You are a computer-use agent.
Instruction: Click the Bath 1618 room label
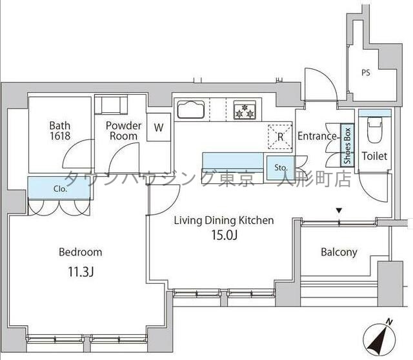pos(60,130)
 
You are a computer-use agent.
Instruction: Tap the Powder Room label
pos(123,130)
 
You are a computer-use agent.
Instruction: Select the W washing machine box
pos(159,127)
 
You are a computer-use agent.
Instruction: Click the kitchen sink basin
pos(191,109)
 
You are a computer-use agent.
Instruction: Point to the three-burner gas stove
pos(245,110)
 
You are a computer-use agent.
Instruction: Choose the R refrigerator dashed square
pos(280,136)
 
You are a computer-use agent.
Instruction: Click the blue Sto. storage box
pos(280,168)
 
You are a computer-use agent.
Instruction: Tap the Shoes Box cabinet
pos(347,145)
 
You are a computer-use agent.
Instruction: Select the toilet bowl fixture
pos(374,130)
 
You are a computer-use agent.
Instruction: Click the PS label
pos(366,73)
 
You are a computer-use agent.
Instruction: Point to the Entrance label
pos(317,136)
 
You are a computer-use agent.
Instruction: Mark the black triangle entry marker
pos(339,210)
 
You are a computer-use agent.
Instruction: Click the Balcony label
pos(339,252)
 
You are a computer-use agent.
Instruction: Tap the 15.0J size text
pos(225,235)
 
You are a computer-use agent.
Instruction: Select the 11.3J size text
pos(81,272)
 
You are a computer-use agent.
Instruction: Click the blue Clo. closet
pos(59,188)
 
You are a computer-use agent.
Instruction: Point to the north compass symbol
pos(379,339)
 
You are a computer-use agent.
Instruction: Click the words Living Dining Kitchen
pos(224,221)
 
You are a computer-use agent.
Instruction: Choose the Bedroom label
pos(80,252)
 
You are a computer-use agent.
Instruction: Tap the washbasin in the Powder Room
pos(111,105)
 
